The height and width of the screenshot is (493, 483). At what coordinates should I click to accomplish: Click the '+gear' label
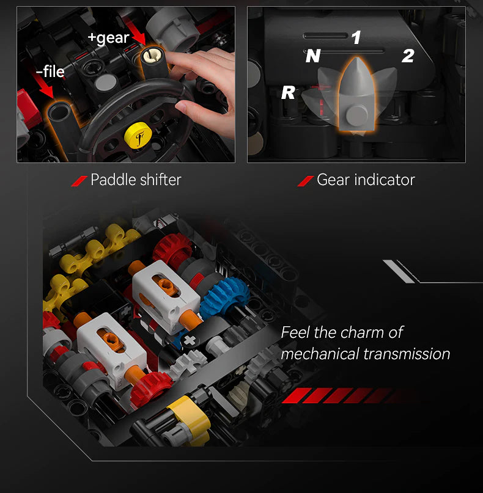[108, 38]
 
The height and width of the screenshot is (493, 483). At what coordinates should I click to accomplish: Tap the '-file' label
[50, 72]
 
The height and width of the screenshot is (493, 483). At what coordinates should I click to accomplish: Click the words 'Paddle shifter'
[136, 180]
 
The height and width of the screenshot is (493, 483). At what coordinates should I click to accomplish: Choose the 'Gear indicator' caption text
[366, 180]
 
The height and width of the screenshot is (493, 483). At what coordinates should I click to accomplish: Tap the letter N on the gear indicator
[313, 56]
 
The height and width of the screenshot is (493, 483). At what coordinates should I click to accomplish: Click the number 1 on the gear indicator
[356, 38]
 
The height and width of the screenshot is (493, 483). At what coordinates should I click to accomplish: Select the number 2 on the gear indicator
[408, 56]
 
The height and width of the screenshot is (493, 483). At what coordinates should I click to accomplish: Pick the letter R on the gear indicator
[288, 93]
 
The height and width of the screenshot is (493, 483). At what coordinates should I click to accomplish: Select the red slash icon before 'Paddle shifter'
[79, 180]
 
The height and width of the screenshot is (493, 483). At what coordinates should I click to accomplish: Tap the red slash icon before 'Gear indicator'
[305, 180]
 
